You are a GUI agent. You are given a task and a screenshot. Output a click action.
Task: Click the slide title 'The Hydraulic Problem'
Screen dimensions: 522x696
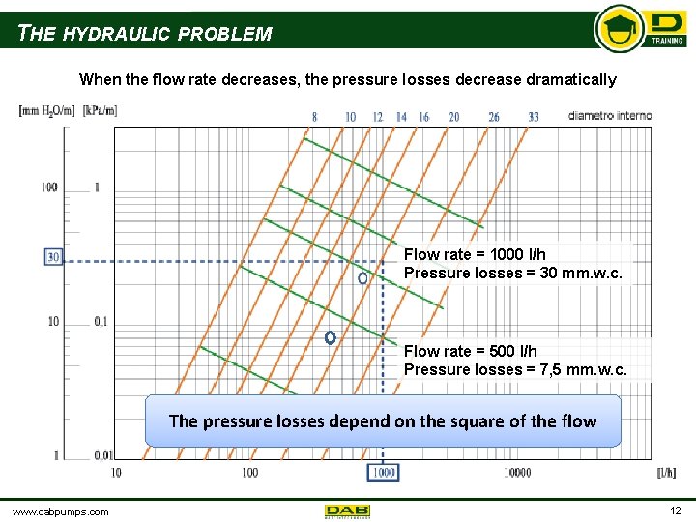tap(145, 34)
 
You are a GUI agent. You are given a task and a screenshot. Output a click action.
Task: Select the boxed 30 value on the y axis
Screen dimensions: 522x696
tap(53, 257)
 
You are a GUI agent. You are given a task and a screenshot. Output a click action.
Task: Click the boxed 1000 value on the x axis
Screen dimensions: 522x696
tap(383, 472)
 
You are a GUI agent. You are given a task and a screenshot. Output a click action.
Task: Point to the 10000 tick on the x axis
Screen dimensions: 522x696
tap(517, 472)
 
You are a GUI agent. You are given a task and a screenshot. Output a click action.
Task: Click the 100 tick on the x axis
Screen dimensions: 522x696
tap(249, 472)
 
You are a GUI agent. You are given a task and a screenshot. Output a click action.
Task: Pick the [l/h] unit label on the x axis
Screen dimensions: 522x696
tap(665, 472)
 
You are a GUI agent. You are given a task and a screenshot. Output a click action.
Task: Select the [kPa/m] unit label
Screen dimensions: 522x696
tap(100, 110)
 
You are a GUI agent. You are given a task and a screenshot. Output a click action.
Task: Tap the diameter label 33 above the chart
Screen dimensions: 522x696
tap(534, 117)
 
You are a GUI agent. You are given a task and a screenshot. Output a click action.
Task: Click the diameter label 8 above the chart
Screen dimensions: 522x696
tap(314, 117)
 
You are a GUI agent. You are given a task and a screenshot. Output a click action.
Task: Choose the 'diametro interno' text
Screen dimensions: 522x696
tap(609, 116)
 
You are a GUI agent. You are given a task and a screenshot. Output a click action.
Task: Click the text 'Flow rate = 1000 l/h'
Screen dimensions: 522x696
tap(475, 255)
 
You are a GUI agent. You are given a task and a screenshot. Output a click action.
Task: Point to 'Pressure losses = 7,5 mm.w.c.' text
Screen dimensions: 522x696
tap(515, 369)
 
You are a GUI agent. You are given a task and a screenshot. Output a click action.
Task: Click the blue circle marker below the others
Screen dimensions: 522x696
tap(330, 338)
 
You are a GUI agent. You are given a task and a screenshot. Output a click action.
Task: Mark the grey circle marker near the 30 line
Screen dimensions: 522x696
tap(363, 277)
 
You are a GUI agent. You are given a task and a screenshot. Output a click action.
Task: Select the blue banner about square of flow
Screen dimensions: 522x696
tap(383, 420)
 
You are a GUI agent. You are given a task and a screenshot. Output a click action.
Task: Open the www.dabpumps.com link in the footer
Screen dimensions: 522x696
tap(60, 511)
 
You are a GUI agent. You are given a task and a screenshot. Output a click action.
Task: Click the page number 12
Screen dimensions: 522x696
tap(674, 510)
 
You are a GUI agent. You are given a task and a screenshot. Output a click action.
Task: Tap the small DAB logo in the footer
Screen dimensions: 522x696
tap(347, 510)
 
